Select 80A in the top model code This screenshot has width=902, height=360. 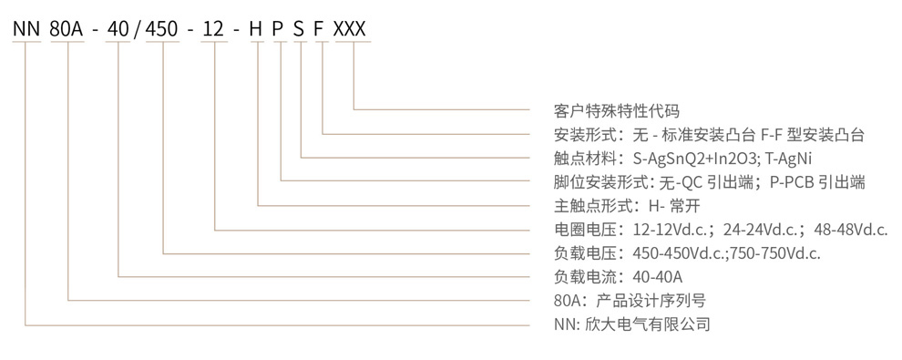[x=69, y=29]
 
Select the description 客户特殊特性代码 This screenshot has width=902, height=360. [x=616, y=111]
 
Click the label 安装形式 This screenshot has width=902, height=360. [x=584, y=135]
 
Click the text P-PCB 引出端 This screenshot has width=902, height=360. [x=815, y=182]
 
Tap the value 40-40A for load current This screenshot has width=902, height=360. [x=657, y=277]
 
